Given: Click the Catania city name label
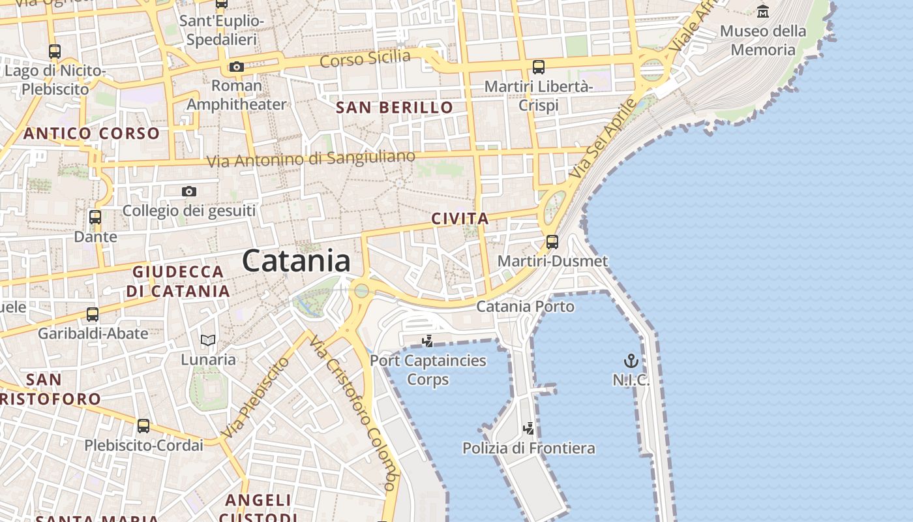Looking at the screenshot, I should pyautogui.click(x=296, y=261).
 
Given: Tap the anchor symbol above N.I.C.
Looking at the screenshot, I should pyautogui.click(x=631, y=361).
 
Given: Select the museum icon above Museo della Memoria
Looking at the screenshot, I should pyautogui.click(x=762, y=11).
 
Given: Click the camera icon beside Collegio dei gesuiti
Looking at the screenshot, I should pyautogui.click(x=189, y=191).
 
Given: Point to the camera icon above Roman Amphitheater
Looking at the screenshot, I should pyautogui.click(x=236, y=67).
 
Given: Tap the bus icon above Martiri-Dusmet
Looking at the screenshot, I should pyautogui.click(x=552, y=242).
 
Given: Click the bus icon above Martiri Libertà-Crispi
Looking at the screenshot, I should pyautogui.click(x=538, y=67).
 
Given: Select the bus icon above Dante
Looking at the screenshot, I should pyautogui.click(x=95, y=217).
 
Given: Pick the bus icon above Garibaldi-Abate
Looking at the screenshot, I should pyautogui.click(x=93, y=315).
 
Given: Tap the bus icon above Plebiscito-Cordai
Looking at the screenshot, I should pyautogui.click(x=143, y=426).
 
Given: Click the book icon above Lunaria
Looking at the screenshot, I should pyautogui.click(x=208, y=340).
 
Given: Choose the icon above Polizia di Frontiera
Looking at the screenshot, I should pyautogui.click(x=529, y=429).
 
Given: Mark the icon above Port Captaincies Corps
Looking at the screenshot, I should pyautogui.click(x=428, y=341).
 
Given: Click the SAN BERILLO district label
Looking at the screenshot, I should pyautogui.click(x=394, y=108).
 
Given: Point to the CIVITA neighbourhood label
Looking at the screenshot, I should pyautogui.click(x=460, y=219).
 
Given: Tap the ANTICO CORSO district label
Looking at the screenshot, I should pyautogui.click(x=91, y=134).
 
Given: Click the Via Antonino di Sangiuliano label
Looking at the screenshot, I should pyautogui.click(x=310, y=159).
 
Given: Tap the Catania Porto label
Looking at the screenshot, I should pyautogui.click(x=526, y=306).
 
